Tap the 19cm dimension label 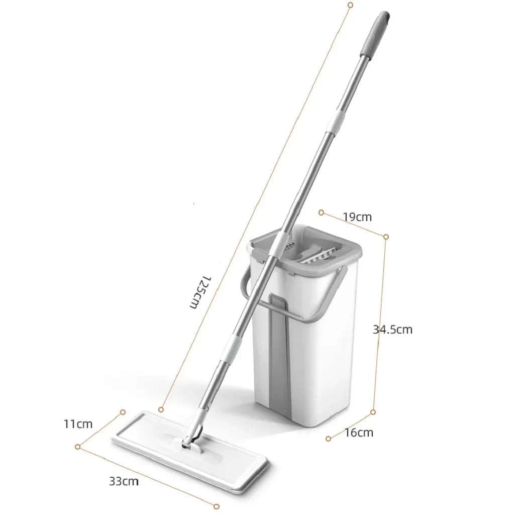[x=357, y=217]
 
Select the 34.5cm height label [x=392, y=330]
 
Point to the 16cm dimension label [x=359, y=432]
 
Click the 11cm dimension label [x=78, y=424]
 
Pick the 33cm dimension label [x=124, y=481]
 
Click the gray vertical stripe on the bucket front [x=279, y=362]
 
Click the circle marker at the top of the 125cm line [x=350, y=5]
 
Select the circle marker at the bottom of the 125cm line [x=161, y=410]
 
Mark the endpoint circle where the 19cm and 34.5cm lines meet [x=386, y=236]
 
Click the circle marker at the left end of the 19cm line [x=321, y=213]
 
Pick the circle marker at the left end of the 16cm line [x=328, y=439]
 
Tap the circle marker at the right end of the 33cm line [x=217, y=506]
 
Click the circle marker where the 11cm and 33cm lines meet [x=78, y=447]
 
